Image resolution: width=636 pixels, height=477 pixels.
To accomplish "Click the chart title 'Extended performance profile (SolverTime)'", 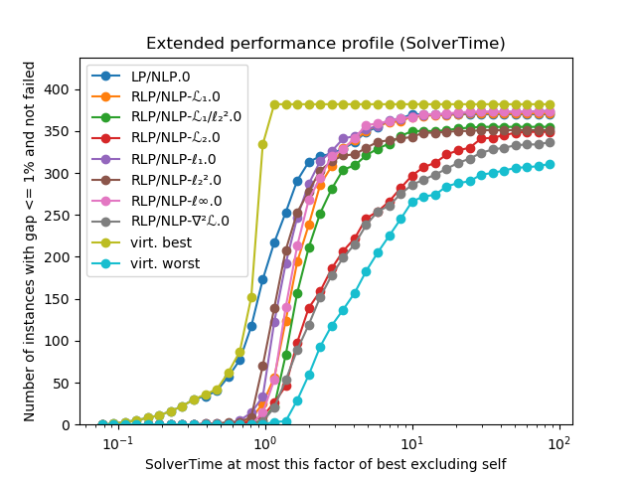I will click(x=325, y=44).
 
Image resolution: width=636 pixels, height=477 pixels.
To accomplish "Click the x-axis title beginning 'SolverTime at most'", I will click(x=325, y=463).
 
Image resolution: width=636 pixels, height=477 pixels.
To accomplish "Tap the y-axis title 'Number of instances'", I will click(x=30, y=241).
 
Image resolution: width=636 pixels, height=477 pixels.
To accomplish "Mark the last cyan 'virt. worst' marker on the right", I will click(x=550, y=164).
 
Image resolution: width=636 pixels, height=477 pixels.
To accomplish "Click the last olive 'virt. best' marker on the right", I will click(x=550, y=104).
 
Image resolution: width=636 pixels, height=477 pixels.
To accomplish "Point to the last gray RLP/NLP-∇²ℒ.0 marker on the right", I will click(x=550, y=142).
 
